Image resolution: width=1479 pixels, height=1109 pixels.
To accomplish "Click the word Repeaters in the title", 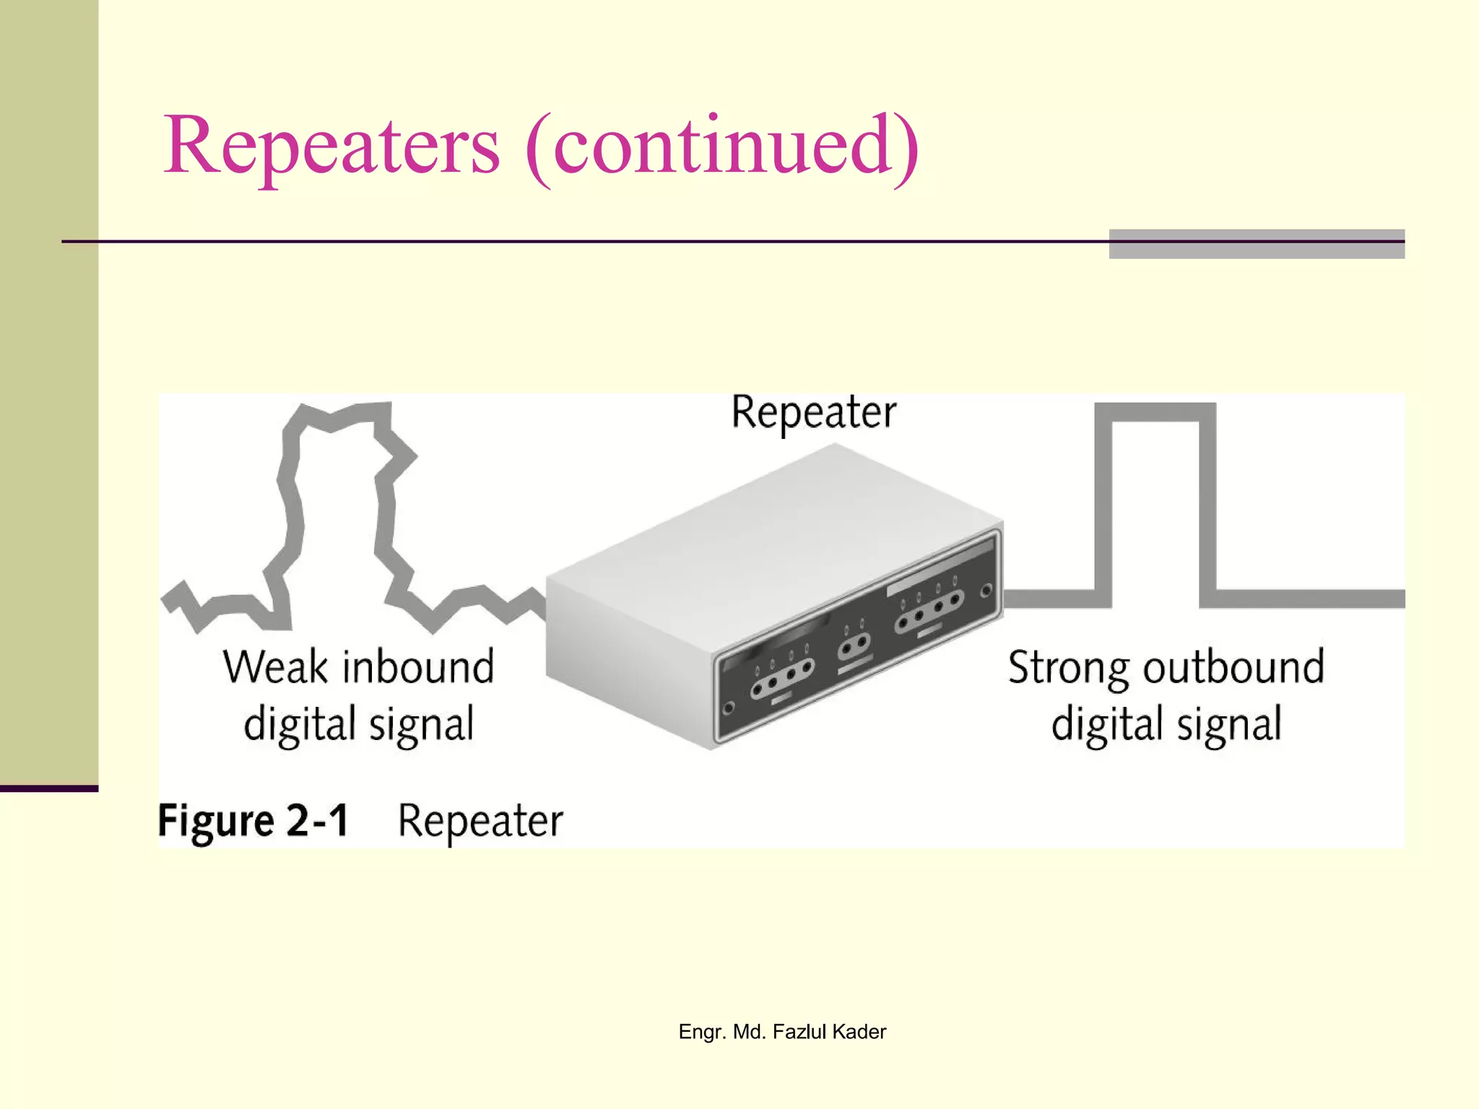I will pos(331,147).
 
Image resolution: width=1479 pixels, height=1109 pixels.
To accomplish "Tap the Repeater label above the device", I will pos(814,413).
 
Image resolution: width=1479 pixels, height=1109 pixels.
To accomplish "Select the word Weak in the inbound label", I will pos(274,666).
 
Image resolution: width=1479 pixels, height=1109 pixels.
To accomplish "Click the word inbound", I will pos(418,666).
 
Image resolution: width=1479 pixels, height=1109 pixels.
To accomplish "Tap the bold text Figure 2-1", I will pos(253,822).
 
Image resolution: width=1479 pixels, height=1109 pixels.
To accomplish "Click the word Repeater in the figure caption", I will pos(480,822).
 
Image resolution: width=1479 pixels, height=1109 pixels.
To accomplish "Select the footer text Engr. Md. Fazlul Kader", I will pos(782,1032).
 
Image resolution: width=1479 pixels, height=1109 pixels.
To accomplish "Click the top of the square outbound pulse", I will pos(1155,412).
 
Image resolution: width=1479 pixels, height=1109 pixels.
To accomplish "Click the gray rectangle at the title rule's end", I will pos(1257,244).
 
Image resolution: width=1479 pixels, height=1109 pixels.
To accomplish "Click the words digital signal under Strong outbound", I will pos(1166,724).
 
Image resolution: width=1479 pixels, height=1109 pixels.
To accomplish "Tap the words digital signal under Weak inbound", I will pos(358,724).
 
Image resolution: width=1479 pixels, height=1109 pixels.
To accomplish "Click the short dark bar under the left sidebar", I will pos(48,788).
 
